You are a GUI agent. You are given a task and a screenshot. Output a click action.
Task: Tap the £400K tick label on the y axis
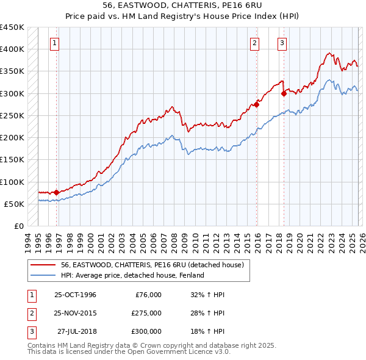tap(12, 49)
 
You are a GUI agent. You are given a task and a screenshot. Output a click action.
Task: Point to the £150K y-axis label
tap(12, 160)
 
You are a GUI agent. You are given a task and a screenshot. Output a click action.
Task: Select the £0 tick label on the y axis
tap(18, 226)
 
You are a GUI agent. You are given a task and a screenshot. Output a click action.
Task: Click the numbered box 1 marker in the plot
tap(56, 43)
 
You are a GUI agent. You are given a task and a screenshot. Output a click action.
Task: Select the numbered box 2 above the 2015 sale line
tap(254, 43)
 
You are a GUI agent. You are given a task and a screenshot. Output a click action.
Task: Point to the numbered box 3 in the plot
tap(282, 43)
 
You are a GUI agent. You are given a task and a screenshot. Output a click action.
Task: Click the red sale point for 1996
tap(57, 192)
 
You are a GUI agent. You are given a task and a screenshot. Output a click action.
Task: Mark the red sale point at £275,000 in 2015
tap(257, 104)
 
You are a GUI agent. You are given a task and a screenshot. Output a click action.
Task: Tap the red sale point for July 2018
tap(284, 93)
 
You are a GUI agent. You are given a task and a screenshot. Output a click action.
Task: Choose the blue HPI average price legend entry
tap(132, 275)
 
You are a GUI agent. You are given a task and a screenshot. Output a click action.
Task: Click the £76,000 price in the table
tap(146, 295)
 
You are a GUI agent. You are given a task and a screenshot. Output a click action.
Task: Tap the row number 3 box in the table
tap(31, 331)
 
